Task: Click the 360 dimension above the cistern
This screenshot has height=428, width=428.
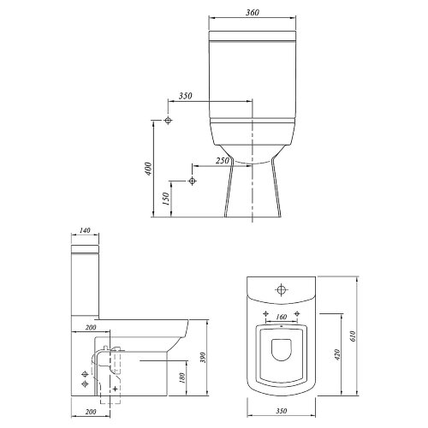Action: click(253, 13)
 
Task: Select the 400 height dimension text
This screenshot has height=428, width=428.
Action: click(148, 169)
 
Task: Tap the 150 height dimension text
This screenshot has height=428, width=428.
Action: click(166, 199)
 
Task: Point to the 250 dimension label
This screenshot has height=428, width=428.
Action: click(223, 161)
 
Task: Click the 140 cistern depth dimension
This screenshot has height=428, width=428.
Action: click(85, 230)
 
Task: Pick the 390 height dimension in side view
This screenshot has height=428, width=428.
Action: click(203, 358)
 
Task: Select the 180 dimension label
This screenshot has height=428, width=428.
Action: click(182, 377)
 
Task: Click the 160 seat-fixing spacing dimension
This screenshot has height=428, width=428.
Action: click(282, 317)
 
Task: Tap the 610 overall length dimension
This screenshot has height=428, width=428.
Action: click(353, 336)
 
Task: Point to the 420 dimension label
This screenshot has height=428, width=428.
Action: click(337, 354)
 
